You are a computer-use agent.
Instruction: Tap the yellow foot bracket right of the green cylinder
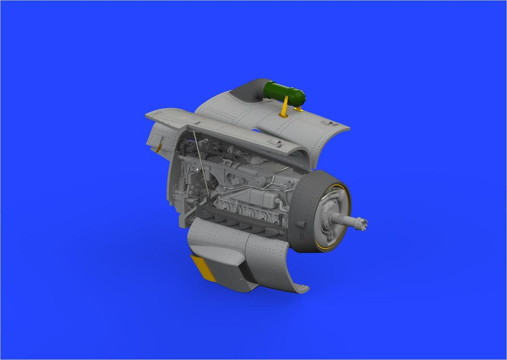[299, 107]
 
